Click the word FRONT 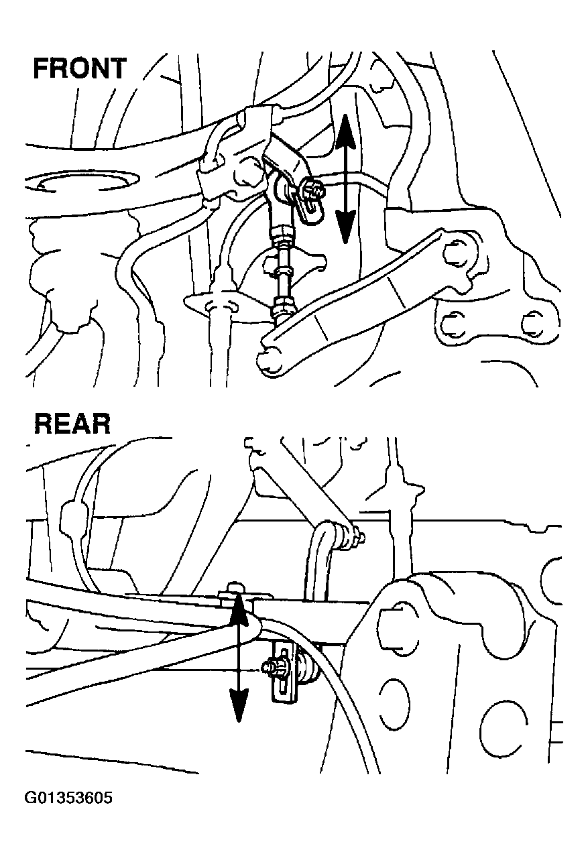tap(79, 68)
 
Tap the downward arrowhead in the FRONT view tap(345, 227)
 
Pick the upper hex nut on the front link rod tap(282, 234)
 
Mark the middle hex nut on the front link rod tap(282, 271)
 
